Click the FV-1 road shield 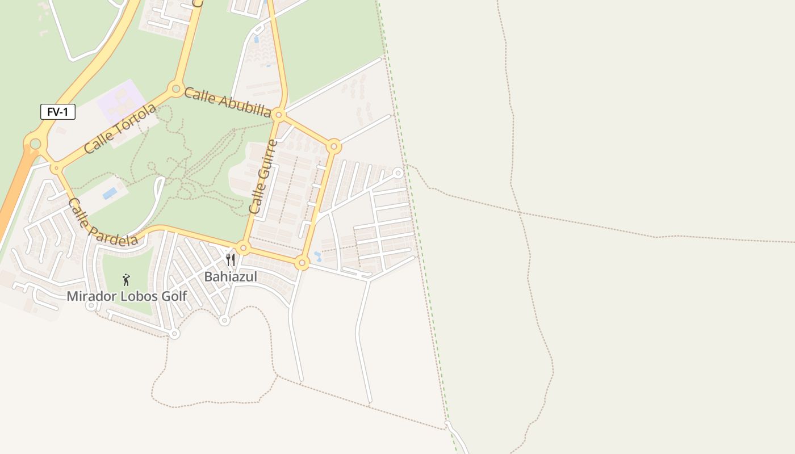[58, 112]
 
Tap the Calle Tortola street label [120, 128]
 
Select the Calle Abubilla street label [227, 102]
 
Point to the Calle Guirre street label [264, 177]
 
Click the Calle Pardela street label [102, 222]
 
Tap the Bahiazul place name [230, 277]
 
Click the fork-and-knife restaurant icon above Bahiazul [231, 260]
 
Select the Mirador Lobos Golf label [126, 296]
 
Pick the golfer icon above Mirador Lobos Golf [126, 279]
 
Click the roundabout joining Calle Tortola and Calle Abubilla [175, 89]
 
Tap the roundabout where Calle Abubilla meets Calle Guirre [278, 115]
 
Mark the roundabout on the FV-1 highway [35, 144]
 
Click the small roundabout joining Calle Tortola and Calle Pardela [56, 168]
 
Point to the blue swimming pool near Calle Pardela [110, 193]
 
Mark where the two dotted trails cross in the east [520, 212]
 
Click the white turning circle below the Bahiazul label [224, 321]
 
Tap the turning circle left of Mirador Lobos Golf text [90, 306]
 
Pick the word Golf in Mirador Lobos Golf [173, 296]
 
